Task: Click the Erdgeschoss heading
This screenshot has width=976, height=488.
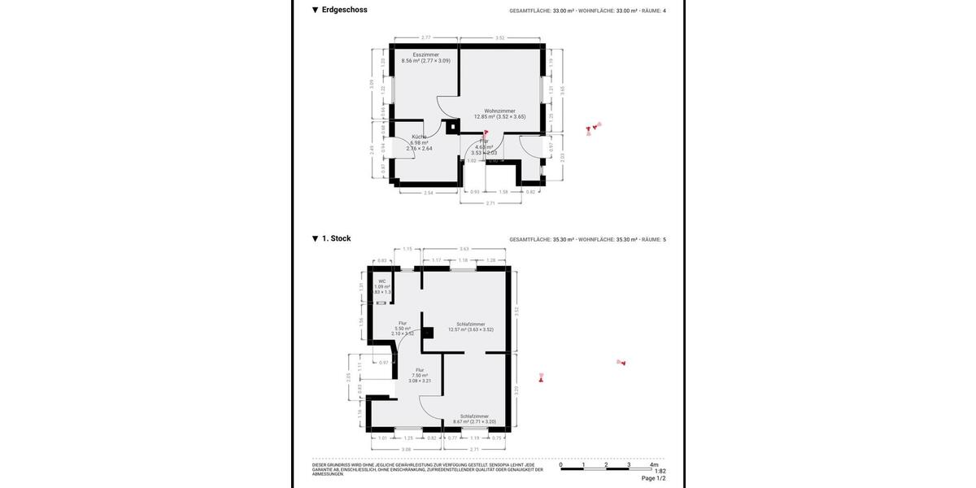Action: [x=344, y=10]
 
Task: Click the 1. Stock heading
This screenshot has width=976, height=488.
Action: [x=336, y=238]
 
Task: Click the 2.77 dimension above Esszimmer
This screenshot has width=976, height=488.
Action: [x=425, y=37]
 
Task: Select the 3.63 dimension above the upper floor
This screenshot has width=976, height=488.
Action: [x=464, y=248]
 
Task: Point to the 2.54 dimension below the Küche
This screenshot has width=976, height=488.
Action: [x=429, y=193]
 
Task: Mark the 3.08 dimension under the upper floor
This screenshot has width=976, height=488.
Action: [x=407, y=448]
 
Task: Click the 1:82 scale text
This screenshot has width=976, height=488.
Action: [x=660, y=472]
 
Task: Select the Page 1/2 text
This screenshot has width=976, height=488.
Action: [x=653, y=478]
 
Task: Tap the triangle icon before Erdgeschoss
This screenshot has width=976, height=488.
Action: [x=315, y=11]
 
